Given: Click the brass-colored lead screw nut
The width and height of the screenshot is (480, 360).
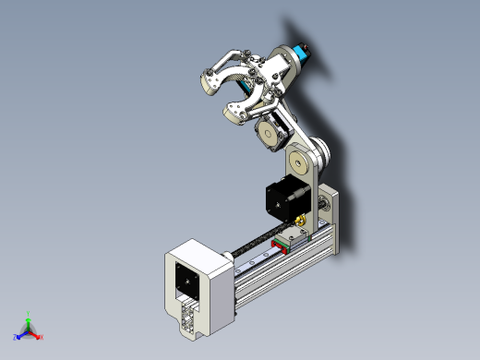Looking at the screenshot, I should click(303, 222).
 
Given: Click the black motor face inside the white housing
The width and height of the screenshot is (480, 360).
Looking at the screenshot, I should click(185, 280).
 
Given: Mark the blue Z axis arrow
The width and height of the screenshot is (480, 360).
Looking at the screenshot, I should click(18, 336).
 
